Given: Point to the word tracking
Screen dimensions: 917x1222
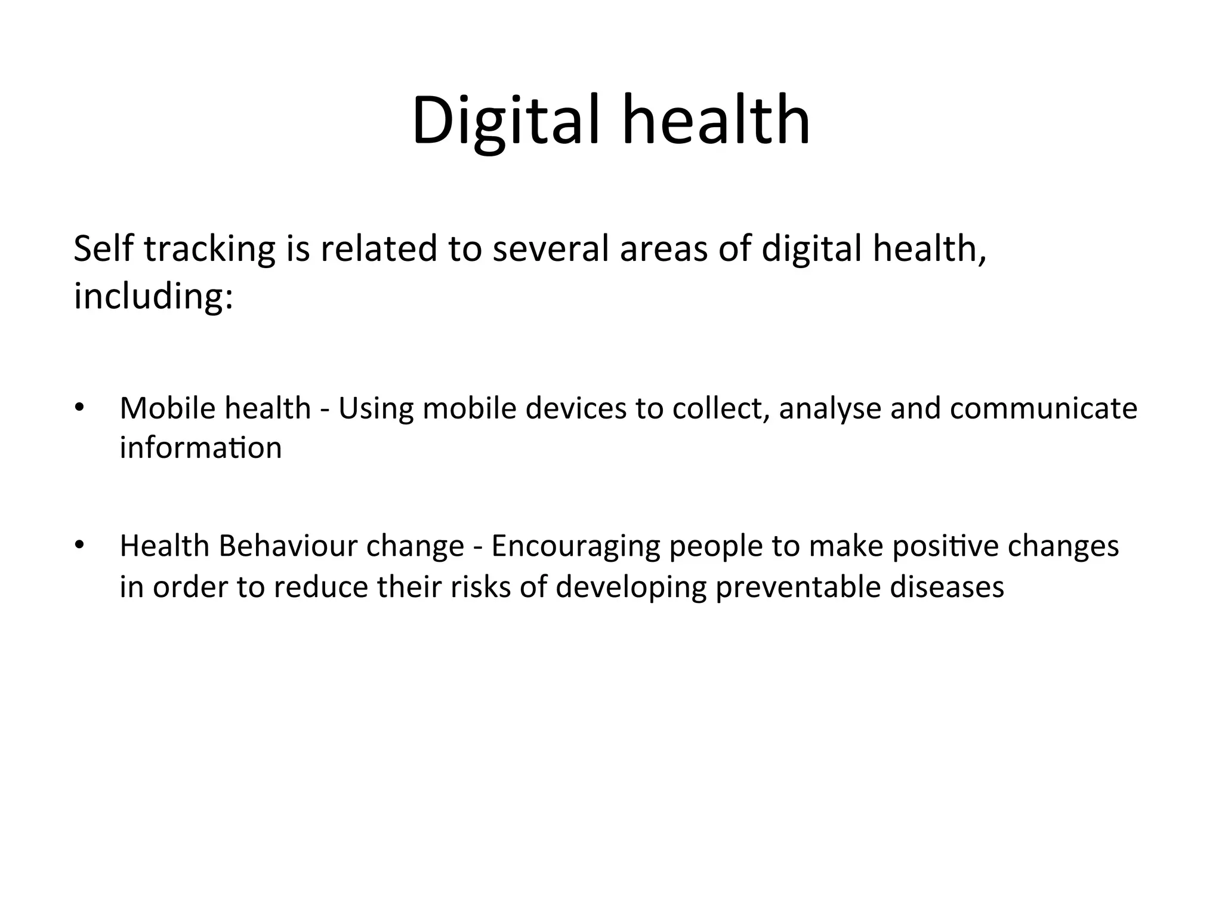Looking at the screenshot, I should tap(209, 250).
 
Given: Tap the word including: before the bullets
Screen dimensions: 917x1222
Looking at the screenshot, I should tap(153, 297).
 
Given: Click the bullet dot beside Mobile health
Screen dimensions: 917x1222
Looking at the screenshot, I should tap(78, 409).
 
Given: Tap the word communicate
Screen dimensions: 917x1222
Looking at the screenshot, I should tap(1044, 409).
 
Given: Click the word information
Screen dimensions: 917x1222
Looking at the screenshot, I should tap(200, 448).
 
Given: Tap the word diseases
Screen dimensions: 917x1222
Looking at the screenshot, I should tap(947, 587).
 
